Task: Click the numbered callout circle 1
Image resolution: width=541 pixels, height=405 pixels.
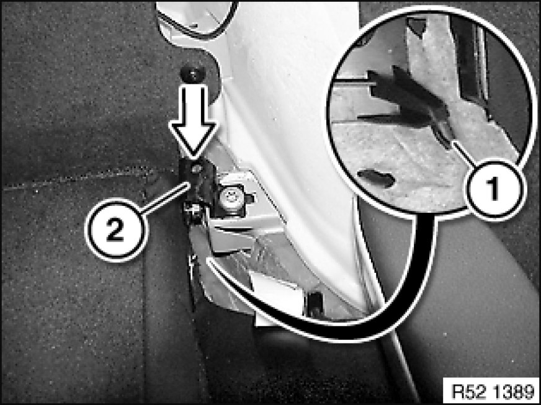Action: click(494, 189)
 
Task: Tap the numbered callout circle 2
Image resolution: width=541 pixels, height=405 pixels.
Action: click(115, 229)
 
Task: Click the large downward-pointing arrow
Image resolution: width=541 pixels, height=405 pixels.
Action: click(194, 120)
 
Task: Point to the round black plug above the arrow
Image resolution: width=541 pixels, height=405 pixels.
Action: click(192, 73)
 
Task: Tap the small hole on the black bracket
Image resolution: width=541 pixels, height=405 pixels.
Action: click(196, 169)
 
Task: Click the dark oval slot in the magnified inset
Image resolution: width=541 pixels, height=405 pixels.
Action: click(377, 178)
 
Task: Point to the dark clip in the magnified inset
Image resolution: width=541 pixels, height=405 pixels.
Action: click(410, 100)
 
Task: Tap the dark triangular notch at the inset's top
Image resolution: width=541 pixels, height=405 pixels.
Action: click(416, 25)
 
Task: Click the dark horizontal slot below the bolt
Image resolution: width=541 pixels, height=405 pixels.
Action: click(230, 229)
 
